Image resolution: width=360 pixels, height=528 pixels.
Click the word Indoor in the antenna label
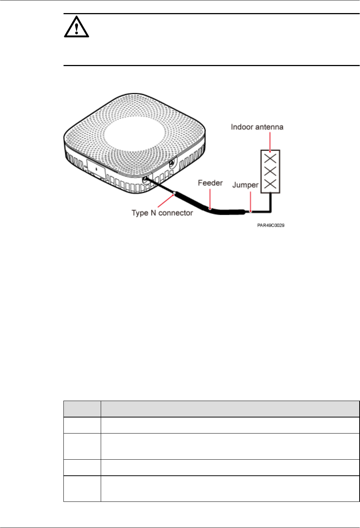[242, 127]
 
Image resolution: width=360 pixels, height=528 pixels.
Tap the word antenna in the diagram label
[269, 127]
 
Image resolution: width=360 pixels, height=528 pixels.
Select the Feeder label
[210, 183]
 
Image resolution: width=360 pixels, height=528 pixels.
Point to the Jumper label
[245, 185]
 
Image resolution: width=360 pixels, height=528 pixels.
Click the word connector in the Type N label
[176, 213]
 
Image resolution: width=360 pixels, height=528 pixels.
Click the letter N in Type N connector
[153, 213]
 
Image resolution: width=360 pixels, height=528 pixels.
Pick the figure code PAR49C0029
[270, 225]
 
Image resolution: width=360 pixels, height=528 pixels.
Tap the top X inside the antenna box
[270, 158]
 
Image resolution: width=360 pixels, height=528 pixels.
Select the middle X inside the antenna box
[270, 171]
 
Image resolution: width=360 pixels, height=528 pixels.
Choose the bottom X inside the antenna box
[270, 184]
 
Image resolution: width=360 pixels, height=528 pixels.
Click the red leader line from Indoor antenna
[270, 142]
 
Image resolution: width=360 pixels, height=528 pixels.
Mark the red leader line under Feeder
[210, 198]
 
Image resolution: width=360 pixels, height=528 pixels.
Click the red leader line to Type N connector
[166, 200]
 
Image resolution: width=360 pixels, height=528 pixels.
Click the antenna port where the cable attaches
[145, 179]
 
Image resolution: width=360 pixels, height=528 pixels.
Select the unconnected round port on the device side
[172, 164]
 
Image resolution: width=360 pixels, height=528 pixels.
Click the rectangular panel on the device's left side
[96, 168]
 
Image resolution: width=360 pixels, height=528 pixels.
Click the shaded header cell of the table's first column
[82, 409]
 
